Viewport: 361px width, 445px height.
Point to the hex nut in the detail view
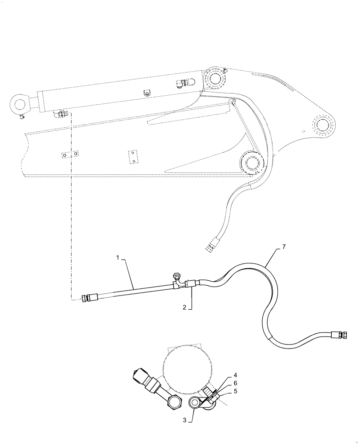click(x=174, y=404)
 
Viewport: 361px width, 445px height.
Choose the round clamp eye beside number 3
click(x=195, y=403)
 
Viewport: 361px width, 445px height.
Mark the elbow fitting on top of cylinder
click(x=185, y=82)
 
